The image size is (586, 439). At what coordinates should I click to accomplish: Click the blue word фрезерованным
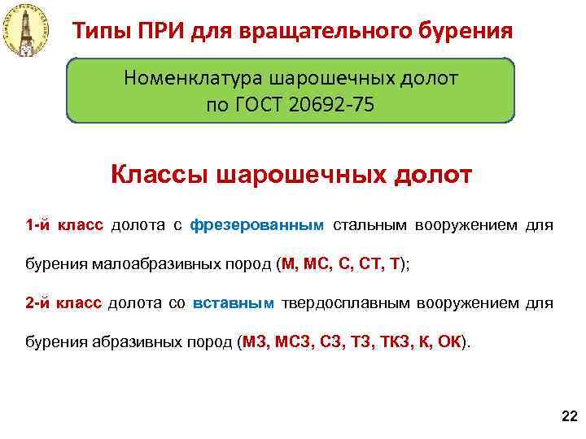tap(257, 224)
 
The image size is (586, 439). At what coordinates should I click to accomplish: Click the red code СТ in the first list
tap(371, 263)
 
